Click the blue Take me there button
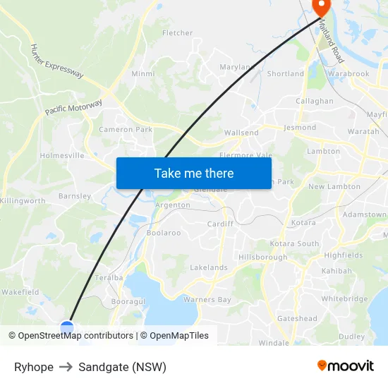click(194, 173)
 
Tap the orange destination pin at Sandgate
click(321, 8)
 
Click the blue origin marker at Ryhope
click(67, 327)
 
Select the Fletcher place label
click(177, 33)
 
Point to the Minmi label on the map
click(143, 73)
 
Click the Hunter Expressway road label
click(56, 61)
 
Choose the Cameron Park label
click(126, 130)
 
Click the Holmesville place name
click(62, 155)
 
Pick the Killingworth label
click(23, 201)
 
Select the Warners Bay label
click(207, 300)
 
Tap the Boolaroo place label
click(164, 233)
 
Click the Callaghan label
click(315, 101)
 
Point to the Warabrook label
click(348, 73)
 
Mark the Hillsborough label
click(262, 257)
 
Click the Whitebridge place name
click(344, 299)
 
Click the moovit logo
click(346, 366)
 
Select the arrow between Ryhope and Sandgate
click(66, 367)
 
